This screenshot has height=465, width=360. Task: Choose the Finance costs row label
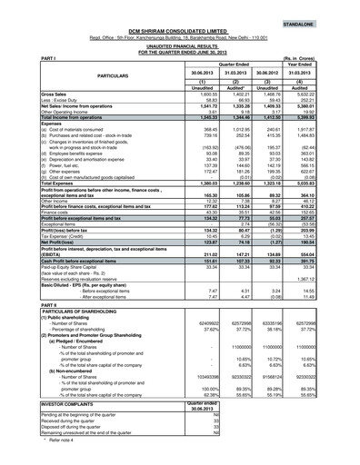[x=34, y=237]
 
